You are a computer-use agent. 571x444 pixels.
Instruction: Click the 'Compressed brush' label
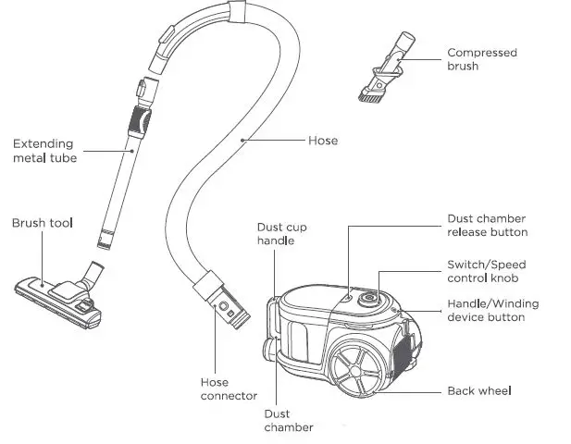[481, 59]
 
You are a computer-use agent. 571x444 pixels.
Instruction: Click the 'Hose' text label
[323, 141]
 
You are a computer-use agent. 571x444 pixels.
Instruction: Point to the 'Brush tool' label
[43, 223]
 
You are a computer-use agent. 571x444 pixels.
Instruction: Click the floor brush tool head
[57, 295]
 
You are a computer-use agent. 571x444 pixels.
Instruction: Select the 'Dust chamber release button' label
[487, 225]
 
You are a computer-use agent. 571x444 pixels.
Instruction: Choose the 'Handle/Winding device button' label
[492, 310]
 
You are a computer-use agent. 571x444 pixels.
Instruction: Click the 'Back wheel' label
[479, 390]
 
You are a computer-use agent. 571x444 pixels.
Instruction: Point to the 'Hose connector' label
[229, 388]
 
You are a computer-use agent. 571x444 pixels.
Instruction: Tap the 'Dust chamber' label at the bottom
[288, 420]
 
